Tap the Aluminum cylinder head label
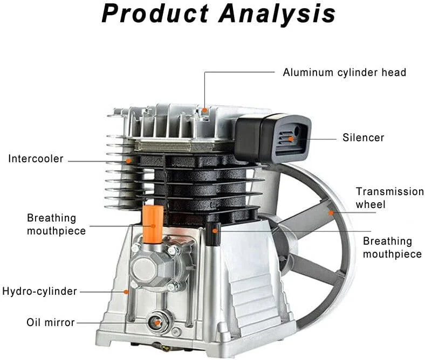(x=344, y=72)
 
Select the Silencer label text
(x=364, y=137)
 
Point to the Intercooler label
(x=36, y=159)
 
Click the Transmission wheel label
(x=389, y=198)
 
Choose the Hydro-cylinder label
(x=39, y=292)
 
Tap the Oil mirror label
(x=51, y=322)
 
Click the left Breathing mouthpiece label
(x=56, y=224)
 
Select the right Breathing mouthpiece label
(x=392, y=247)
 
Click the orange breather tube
(x=153, y=223)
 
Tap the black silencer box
(x=272, y=138)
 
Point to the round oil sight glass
(x=157, y=322)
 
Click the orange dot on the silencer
(x=291, y=139)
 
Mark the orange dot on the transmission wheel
(x=331, y=213)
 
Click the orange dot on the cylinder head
(x=205, y=110)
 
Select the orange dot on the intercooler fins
(x=128, y=160)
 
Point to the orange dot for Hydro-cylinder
(x=126, y=292)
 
